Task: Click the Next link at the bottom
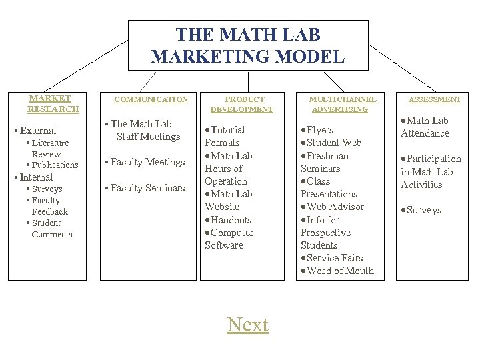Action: click(247, 325)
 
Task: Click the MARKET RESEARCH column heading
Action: click(53, 103)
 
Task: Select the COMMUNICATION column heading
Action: click(151, 99)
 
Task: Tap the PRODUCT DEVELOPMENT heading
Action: click(242, 104)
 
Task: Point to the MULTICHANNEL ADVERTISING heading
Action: click(343, 104)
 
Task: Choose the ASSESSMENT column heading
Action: click(435, 99)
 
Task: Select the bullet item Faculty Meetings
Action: click(147, 162)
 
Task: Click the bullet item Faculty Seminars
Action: click(147, 188)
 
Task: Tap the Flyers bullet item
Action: click(319, 130)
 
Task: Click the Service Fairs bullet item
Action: click(335, 258)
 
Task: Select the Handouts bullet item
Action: click(231, 220)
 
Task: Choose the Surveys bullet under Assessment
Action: click(423, 210)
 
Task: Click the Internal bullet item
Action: click(36, 177)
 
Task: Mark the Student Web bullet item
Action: click(334, 143)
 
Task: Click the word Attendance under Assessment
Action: click(425, 133)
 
